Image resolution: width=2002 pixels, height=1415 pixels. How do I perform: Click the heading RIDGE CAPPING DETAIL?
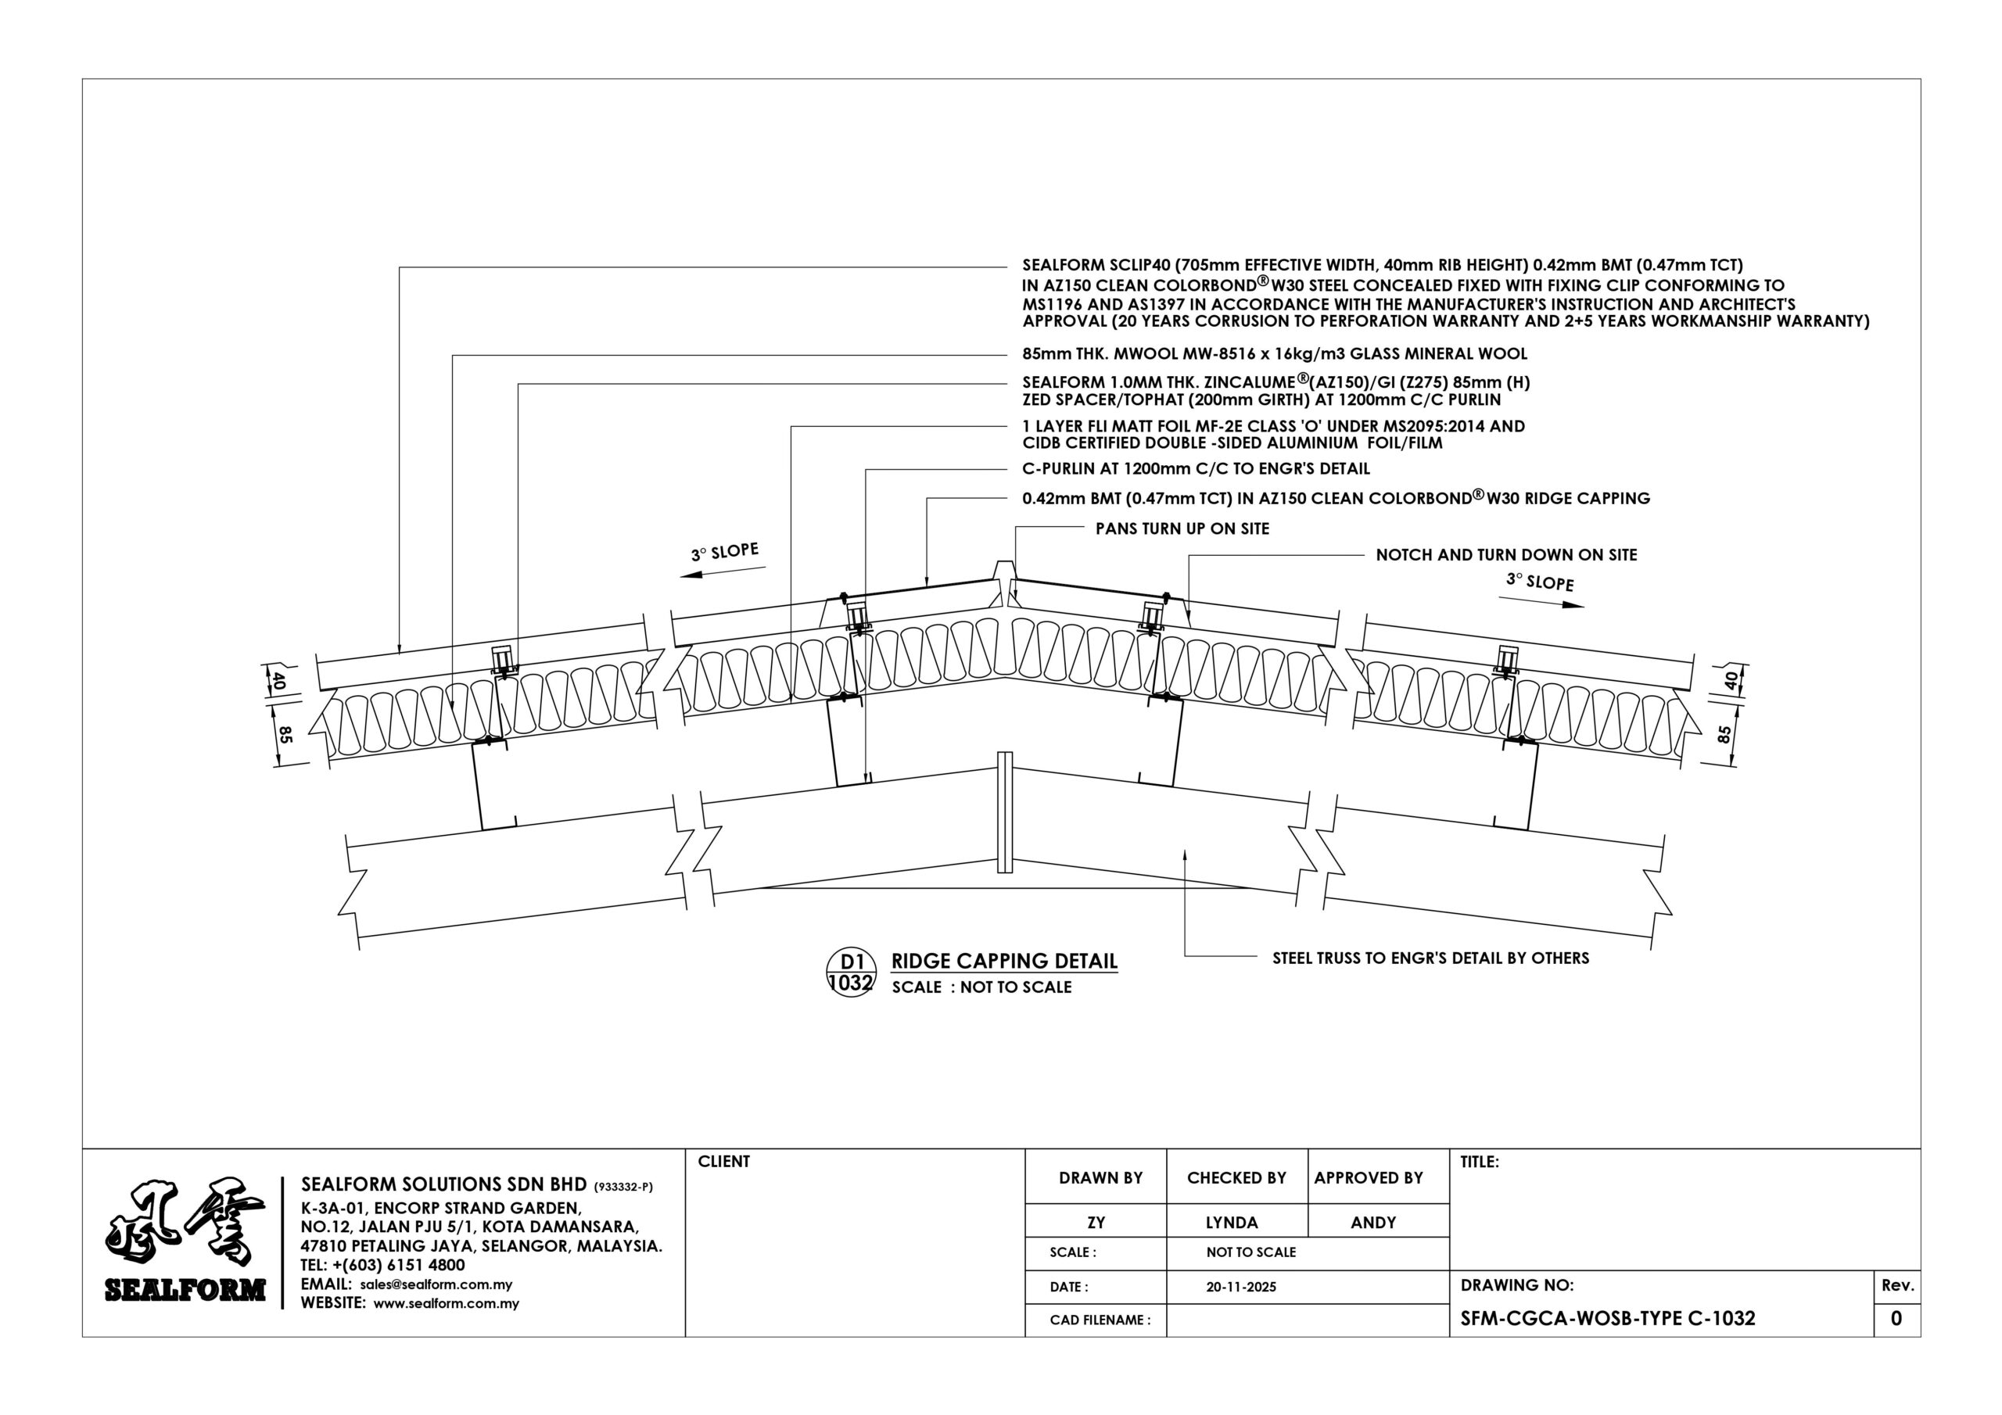[x=1003, y=961]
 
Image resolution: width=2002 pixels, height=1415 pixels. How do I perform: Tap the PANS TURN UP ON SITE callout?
[x=1182, y=528]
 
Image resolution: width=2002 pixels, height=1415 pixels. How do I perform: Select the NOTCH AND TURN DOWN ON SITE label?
[x=1506, y=554]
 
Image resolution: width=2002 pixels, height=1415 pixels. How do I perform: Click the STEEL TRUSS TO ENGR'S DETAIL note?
[x=1430, y=958]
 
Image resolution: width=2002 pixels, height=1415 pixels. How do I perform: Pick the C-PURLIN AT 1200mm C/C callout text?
[x=1197, y=469]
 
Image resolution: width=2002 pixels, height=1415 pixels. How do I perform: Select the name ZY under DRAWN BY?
[x=1096, y=1223]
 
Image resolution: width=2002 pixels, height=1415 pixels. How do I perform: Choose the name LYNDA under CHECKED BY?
[x=1232, y=1223]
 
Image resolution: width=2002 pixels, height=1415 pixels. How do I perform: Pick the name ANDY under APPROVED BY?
[x=1373, y=1223]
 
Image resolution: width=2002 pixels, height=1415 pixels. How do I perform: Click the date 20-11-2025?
[x=1241, y=1287]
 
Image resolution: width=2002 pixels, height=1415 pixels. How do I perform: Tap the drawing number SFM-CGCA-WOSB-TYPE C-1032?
[x=1608, y=1318]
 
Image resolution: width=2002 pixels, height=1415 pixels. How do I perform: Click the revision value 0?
[x=1896, y=1318]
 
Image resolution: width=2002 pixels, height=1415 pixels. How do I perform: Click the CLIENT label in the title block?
[x=723, y=1161]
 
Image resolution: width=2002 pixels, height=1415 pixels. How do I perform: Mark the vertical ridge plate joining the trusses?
[x=1006, y=812]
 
